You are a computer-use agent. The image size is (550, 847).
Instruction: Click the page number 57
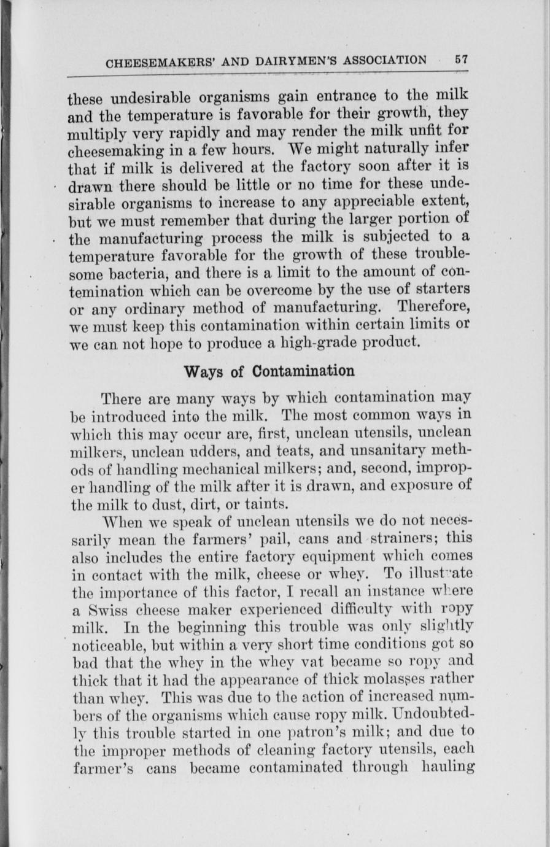pyautogui.click(x=461, y=60)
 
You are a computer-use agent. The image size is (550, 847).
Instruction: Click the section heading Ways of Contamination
pyautogui.click(x=269, y=371)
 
